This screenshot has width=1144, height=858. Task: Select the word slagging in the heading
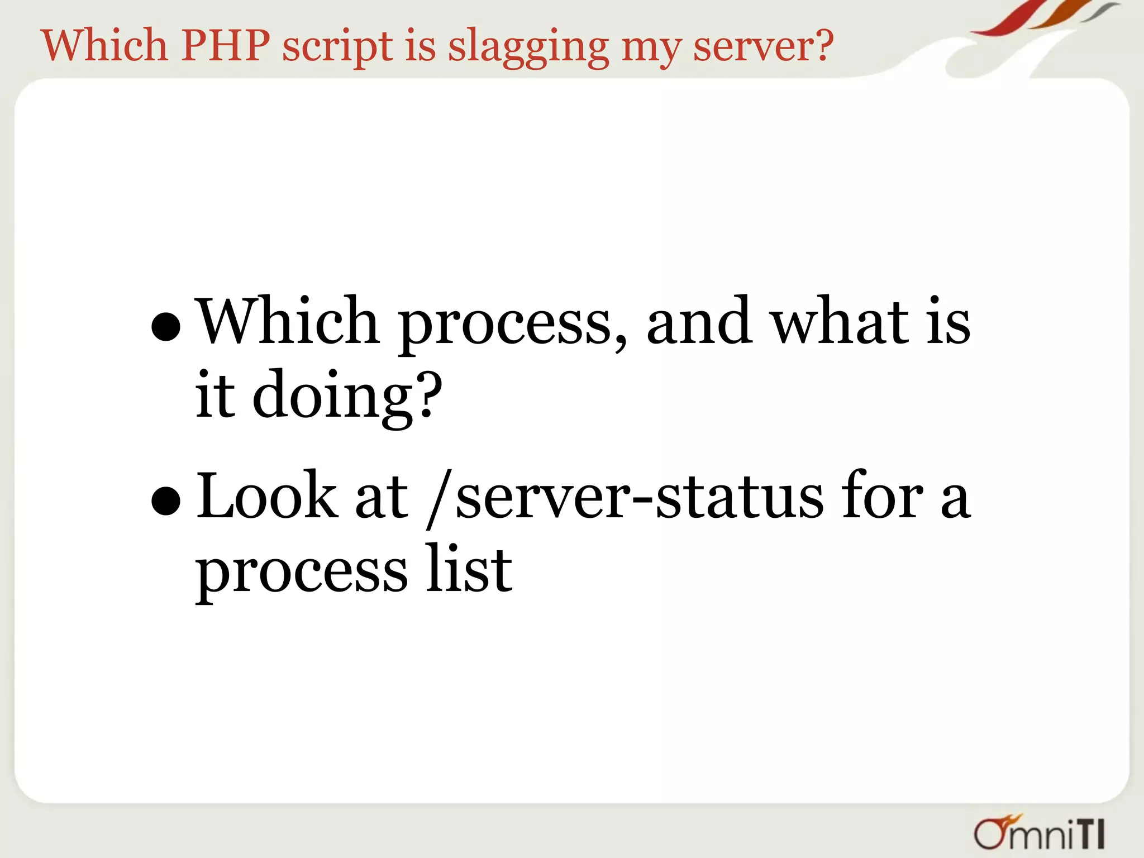point(528,48)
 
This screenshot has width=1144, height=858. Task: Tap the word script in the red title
point(337,48)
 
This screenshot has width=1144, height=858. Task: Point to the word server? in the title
point(763,46)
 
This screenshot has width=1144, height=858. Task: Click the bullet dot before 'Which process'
point(166,326)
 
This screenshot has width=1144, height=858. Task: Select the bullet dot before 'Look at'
point(166,500)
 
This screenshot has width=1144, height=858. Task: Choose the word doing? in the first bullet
point(347,397)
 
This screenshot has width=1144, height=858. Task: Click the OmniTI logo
point(1039,833)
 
